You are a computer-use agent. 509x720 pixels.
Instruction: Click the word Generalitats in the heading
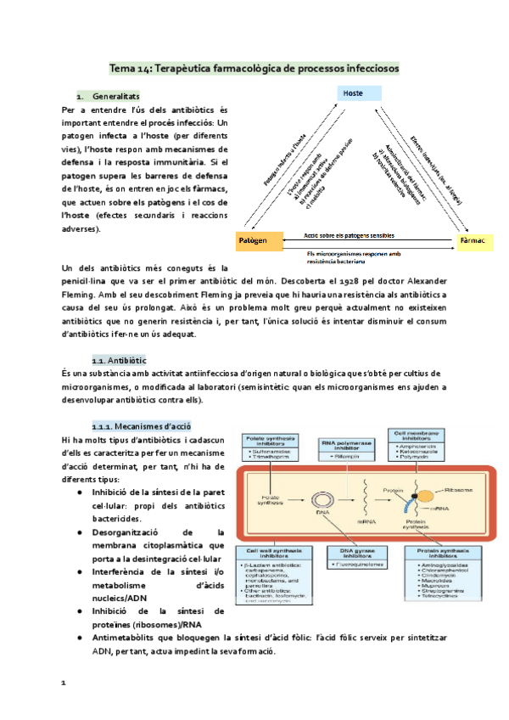[116, 95]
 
